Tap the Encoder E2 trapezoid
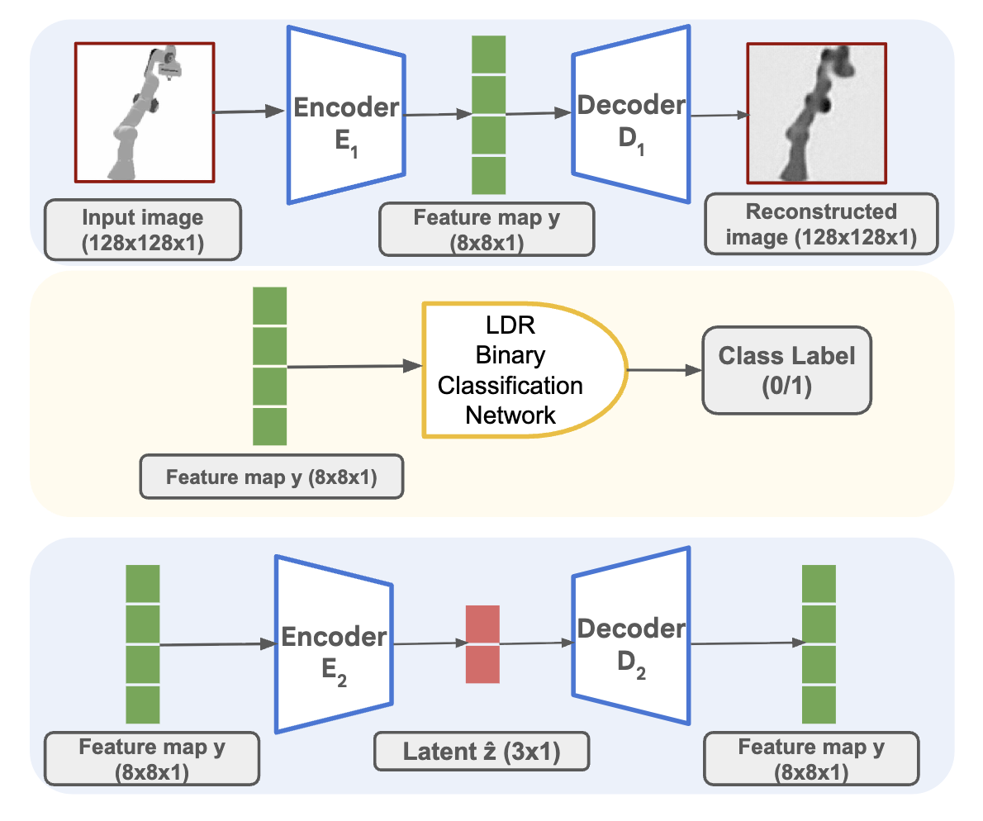[334, 644]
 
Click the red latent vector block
[483, 644]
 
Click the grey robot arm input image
[145, 113]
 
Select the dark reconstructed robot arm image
[816, 113]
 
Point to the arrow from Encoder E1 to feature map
[437, 115]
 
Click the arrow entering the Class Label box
[665, 369]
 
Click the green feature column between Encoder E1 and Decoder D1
[488, 115]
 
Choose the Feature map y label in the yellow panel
[272, 477]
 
